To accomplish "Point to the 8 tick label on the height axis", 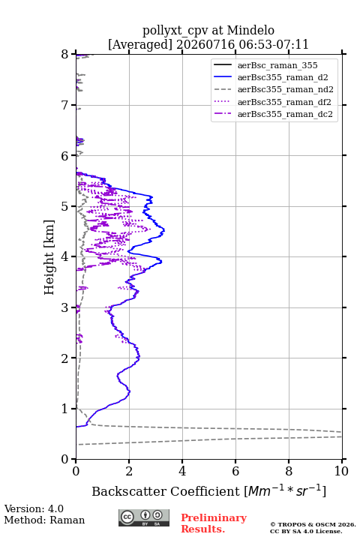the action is tap(65, 55).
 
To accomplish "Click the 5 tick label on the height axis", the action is tap(65, 207).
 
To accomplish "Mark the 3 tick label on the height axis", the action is tap(65, 307).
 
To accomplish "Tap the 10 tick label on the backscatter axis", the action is tap(341, 471).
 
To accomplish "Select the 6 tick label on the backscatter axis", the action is tap(235, 471).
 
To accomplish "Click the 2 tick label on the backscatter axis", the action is tap(129, 471).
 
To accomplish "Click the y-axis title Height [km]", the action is tap(49, 257).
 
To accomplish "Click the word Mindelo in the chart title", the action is tap(250, 31).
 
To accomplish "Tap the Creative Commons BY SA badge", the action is tap(144, 517).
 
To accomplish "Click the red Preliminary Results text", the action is tap(214, 523).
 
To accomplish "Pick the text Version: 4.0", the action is tap(34, 508).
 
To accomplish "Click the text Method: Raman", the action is tap(44, 520).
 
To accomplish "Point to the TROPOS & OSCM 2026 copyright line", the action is tap(313, 524).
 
